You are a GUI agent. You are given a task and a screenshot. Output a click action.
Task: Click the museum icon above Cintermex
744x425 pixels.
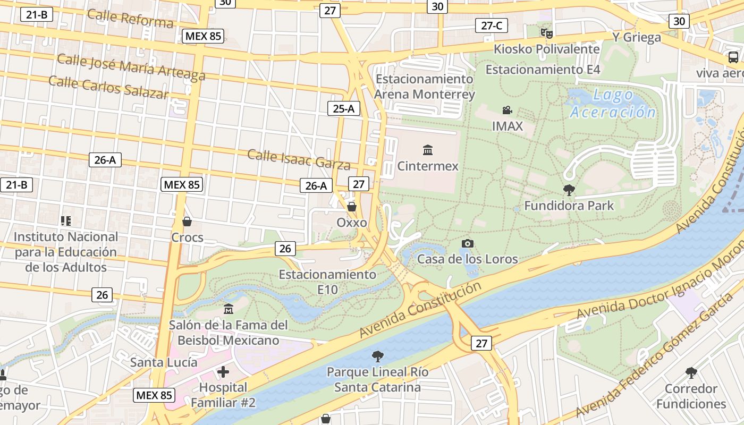[428, 150]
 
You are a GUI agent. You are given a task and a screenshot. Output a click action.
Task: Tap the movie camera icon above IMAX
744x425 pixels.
[507, 110]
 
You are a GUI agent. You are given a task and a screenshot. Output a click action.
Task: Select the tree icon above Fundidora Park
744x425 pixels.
[569, 190]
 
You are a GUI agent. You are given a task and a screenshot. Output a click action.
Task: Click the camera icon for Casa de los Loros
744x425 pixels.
[468, 243]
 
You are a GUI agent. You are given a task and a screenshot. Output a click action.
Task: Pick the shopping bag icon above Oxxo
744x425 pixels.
[351, 206]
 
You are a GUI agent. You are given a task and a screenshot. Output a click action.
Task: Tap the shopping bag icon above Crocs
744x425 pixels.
[187, 221]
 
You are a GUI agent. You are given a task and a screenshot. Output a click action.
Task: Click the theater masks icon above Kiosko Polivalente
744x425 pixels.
[546, 33]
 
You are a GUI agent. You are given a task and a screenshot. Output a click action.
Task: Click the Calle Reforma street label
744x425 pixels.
[130, 18]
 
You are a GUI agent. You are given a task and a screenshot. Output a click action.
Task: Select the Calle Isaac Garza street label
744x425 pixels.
[299, 159]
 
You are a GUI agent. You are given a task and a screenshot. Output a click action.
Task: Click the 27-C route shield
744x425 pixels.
[491, 25]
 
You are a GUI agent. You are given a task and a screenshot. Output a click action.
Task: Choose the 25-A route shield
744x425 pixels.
[343, 109]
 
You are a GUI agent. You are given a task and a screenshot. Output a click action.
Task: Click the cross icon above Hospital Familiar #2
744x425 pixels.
[223, 372]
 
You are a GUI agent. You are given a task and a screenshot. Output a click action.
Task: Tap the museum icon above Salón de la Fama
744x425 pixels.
[229, 309]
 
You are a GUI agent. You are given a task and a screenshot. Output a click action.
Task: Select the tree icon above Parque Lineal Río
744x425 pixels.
[377, 355]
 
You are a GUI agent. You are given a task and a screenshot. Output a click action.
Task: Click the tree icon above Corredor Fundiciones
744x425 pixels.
[691, 372]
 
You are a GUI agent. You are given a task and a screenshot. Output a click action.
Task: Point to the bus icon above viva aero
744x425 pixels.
[733, 57]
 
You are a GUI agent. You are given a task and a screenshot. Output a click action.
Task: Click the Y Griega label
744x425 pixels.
[637, 37]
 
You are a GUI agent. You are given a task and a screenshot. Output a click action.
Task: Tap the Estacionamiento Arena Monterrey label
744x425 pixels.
[424, 87]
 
